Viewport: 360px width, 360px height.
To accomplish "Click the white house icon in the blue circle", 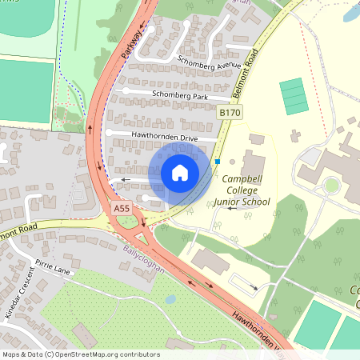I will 180,172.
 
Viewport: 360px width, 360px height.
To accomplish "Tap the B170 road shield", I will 230,114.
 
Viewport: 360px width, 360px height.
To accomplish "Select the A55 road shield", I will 122,209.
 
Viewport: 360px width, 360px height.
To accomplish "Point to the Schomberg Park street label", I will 177,96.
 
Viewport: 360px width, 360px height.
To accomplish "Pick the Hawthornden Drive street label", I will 166,138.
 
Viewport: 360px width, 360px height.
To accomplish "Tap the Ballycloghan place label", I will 142,259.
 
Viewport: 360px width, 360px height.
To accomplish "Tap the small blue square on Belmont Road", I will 218,162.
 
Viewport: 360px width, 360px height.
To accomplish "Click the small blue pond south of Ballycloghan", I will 170,300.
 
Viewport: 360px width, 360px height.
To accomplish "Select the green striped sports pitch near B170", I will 294,96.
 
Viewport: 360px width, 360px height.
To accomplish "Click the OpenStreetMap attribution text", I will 81,354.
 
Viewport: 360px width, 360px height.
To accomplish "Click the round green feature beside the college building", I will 331,186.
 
